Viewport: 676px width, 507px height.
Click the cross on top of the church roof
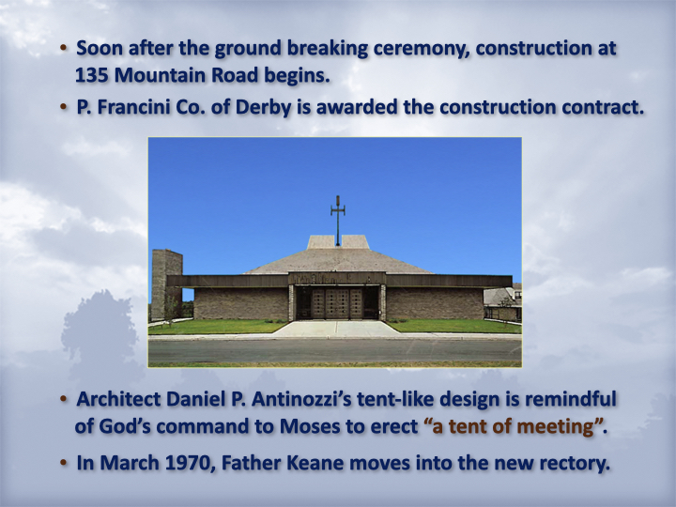click(x=338, y=221)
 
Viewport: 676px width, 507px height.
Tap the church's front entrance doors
click(x=337, y=303)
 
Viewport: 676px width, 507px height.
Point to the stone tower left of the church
click(x=167, y=284)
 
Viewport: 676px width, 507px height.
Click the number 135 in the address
click(x=91, y=75)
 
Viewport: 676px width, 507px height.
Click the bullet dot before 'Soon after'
click(x=64, y=47)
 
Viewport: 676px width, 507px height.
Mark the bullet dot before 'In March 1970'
click(x=64, y=462)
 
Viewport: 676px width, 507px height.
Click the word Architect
click(x=118, y=399)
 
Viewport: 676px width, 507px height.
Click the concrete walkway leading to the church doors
click(x=336, y=329)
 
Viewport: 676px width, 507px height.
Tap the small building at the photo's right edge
click(x=502, y=301)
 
